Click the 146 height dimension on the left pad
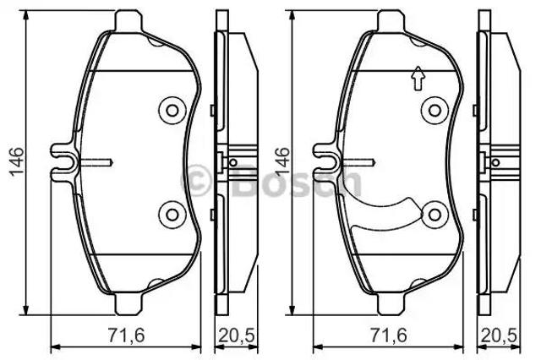[16, 161]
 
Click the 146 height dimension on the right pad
[281, 161]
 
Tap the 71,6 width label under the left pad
[126, 335]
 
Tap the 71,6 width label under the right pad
[389, 335]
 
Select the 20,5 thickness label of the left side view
[237, 335]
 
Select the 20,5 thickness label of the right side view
[500, 335]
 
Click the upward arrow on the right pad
[418, 79]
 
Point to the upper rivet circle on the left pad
[172, 111]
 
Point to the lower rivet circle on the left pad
[172, 215]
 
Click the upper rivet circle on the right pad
[434, 111]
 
